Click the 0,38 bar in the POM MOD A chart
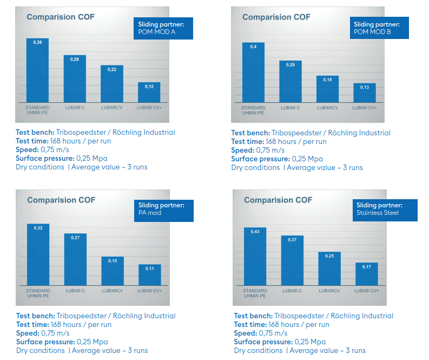37,70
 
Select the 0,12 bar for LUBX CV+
149,93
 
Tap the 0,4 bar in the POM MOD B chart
253,73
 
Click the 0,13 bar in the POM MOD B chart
364,93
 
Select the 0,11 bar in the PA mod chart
149,274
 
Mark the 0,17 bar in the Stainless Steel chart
366,274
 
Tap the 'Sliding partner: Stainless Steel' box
386,210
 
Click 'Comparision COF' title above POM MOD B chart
276,17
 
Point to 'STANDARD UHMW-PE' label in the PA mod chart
38,293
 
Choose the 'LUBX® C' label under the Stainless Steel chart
292,291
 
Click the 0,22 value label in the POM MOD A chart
112,70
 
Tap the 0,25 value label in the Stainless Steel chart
329,256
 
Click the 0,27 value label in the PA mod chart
75,237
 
